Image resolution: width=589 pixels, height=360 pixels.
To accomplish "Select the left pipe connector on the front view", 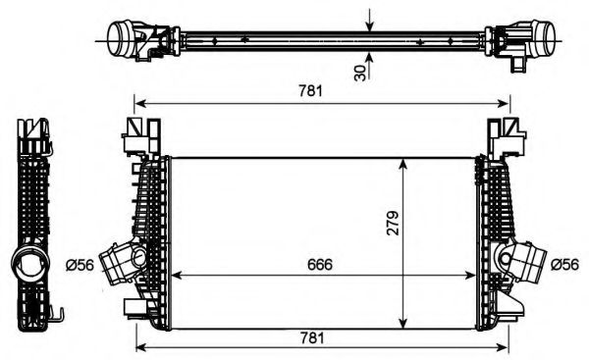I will (x=124, y=262).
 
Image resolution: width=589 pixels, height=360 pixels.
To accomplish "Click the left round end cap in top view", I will (x=121, y=39).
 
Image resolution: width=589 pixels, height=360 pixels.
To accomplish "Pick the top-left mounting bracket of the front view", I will (x=138, y=136).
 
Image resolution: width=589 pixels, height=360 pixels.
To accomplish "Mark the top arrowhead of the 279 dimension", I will (x=404, y=163).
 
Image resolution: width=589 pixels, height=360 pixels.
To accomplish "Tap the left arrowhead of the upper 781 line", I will (x=139, y=102).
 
